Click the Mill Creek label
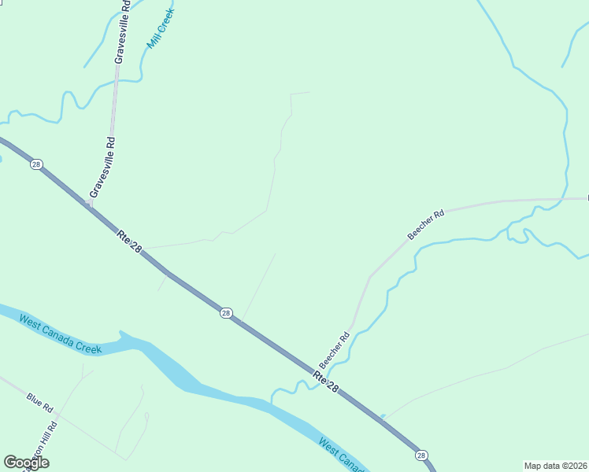point(161,30)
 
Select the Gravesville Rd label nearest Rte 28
point(103,167)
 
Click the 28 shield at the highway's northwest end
point(36,164)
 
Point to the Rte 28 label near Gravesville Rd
point(129,242)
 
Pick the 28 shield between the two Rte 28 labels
point(226,313)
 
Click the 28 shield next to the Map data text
point(421,455)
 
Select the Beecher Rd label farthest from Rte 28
point(426,224)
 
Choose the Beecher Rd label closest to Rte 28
point(334,351)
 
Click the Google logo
point(26,463)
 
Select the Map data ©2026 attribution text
point(556,466)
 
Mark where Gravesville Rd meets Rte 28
point(90,206)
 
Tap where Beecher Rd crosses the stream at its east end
point(565,198)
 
